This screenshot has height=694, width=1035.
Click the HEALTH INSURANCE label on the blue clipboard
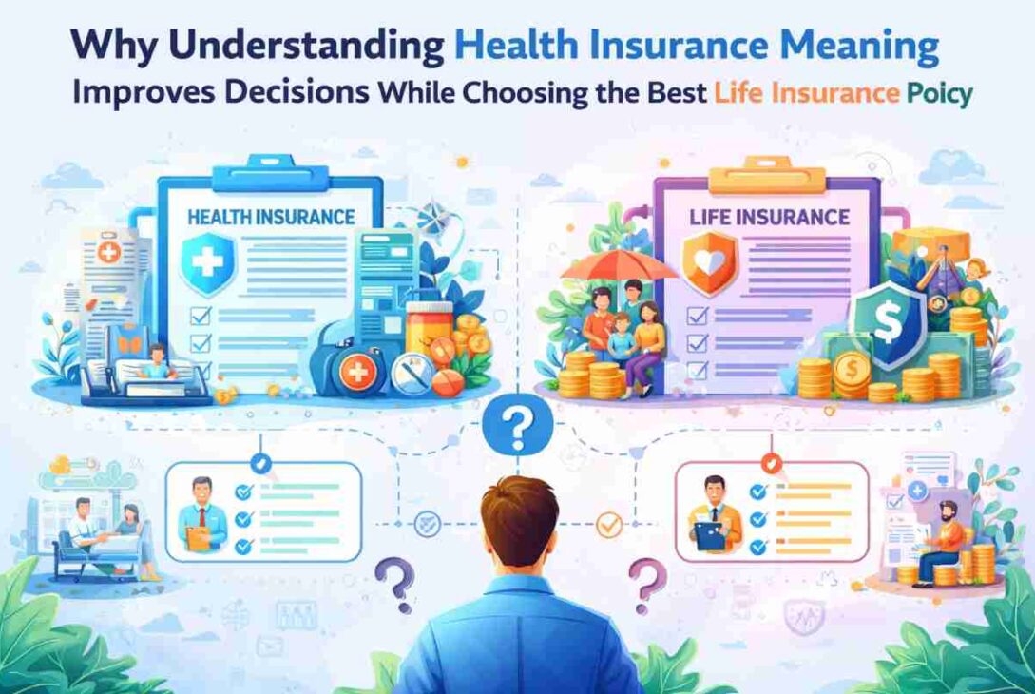271,218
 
